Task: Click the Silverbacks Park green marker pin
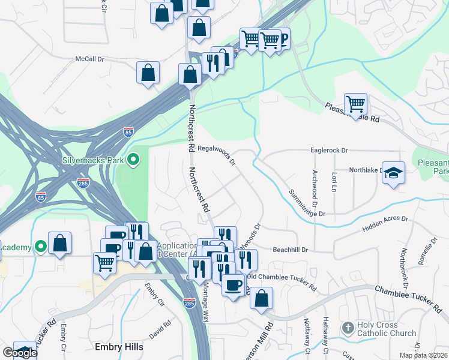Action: pyautogui.click(x=133, y=160)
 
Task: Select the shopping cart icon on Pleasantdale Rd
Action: pyautogui.click(x=355, y=104)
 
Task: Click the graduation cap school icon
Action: pyautogui.click(x=393, y=172)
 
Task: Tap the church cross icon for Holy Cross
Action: pyautogui.click(x=348, y=328)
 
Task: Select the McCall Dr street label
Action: pyautogui.click(x=90, y=59)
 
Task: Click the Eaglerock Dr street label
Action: pyautogui.click(x=329, y=151)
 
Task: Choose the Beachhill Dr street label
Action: pyautogui.click(x=290, y=250)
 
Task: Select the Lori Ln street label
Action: pyautogui.click(x=334, y=181)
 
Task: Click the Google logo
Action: pyautogui.click(x=19, y=353)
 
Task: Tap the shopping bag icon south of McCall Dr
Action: pyautogui.click(x=148, y=74)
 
